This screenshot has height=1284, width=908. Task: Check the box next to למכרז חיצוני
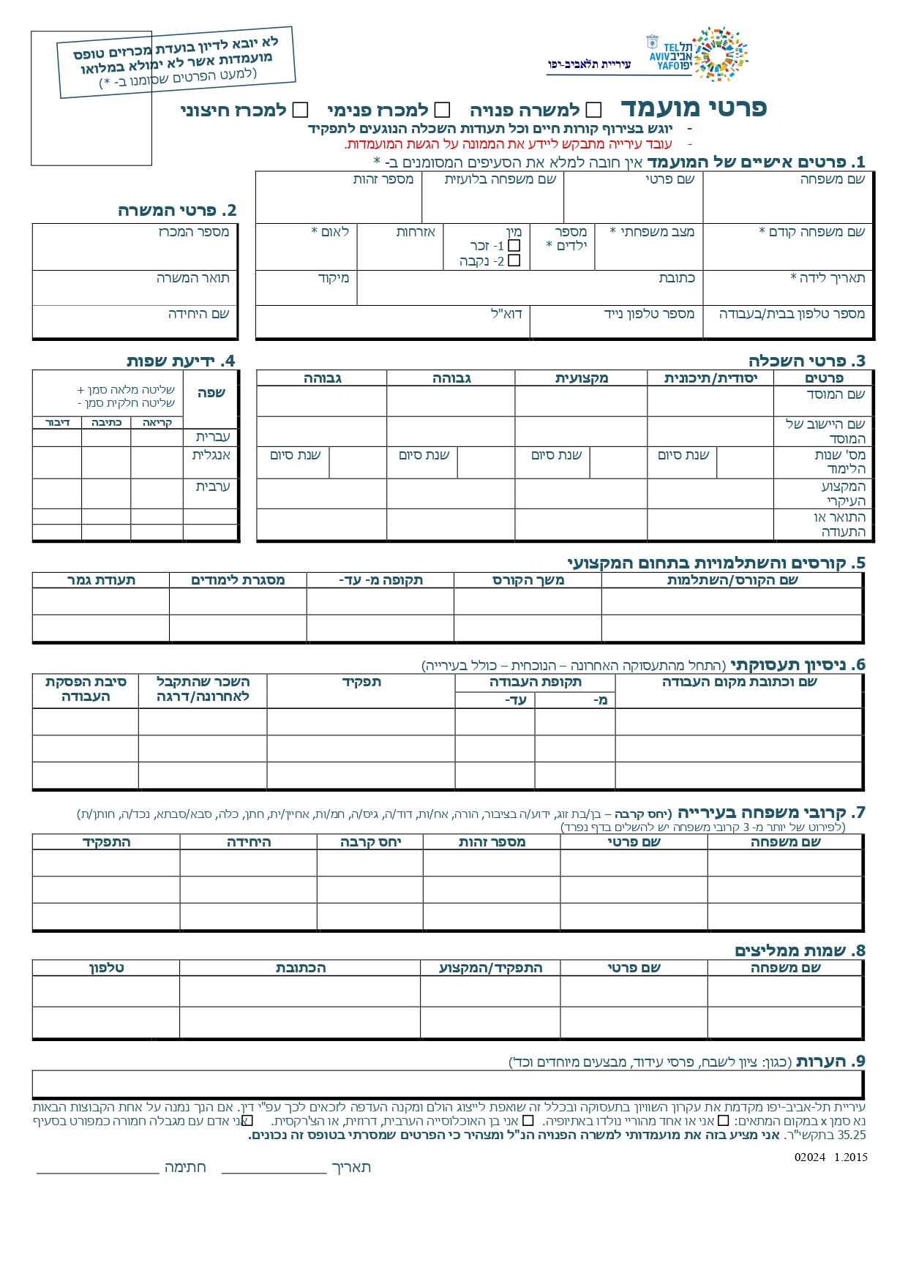300,110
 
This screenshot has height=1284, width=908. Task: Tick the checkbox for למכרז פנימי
442,110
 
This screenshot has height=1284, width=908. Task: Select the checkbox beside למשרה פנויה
594,110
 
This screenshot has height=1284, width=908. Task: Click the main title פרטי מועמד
694,108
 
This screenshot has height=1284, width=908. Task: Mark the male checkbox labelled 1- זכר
514,246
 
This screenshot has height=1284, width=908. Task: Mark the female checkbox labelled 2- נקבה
514,260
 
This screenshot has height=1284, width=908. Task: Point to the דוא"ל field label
506,314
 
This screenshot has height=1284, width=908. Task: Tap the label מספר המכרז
194,232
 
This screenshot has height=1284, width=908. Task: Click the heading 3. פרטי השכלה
806,361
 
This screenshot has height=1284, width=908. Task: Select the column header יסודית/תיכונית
710,378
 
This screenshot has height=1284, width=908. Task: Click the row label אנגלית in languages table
211,455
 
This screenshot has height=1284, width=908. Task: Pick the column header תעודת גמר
101,580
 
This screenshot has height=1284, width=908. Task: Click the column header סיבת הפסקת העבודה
86,689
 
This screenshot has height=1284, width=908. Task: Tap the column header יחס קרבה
370,842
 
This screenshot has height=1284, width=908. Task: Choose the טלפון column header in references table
106,968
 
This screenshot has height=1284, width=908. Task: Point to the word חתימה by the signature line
185,1168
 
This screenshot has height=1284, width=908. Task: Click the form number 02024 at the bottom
809,1157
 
